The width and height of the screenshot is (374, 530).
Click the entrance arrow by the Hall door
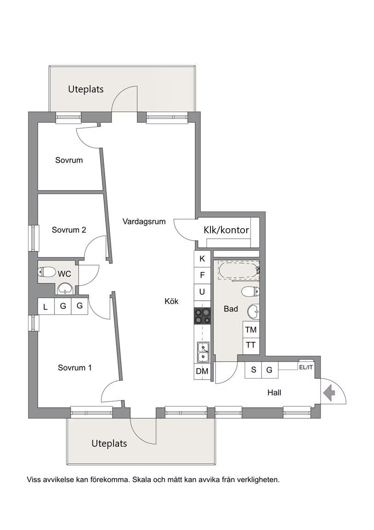[x=329, y=393]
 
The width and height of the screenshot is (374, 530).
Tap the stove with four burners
[x=202, y=317]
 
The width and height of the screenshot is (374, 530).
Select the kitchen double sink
[x=203, y=352]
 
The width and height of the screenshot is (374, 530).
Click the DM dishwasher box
[x=202, y=371]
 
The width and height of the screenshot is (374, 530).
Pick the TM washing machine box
[x=251, y=329]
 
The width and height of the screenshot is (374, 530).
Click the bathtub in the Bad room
[x=239, y=271]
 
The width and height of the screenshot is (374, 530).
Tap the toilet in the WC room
[x=47, y=271]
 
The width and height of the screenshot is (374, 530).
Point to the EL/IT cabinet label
[x=306, y=367]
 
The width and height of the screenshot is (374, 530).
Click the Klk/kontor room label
[x=226, y=230]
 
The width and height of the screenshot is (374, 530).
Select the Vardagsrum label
[x=144, y=222]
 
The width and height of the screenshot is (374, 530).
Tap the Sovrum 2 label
[x=69, y=230]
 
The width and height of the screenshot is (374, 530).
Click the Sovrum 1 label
[x=74, y=368]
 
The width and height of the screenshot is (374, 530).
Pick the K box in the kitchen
[x=202, y=259]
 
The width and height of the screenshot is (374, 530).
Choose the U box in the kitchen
[x=202, y=292]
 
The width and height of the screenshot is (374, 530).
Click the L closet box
[x=46, y=306]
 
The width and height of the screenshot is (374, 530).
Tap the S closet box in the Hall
[x=254, y=370]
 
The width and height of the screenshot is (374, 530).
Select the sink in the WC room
[x=64, y=288]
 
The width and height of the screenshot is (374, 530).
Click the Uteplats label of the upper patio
[x=86, y=89]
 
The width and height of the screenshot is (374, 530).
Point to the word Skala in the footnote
[x=142, y=480]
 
